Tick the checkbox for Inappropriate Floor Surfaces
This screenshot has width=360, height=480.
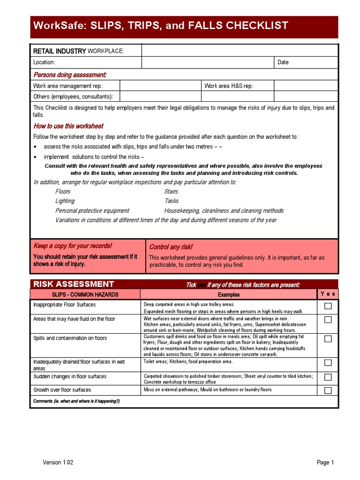pos(328,306)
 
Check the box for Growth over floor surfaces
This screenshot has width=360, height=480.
pos(328,390)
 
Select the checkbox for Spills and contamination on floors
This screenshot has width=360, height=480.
pos(328,339)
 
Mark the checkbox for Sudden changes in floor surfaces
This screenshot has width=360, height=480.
pos(328,377)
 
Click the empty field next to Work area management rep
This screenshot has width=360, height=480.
pos(160,86)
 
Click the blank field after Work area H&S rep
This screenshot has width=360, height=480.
pos(306,86)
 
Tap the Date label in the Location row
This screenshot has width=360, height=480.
pos(283,62)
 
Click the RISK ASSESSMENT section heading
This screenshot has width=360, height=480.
pos(74,284)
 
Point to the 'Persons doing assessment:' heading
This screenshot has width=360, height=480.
pos(70,75)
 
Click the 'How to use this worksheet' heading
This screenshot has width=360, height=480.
pos(68,126)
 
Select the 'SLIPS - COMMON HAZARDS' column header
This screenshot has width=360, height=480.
pos(85,294)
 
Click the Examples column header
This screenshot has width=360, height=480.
pos(229,294)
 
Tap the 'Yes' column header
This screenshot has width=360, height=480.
pos(328,294)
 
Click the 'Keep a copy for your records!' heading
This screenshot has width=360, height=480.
pos(73,246)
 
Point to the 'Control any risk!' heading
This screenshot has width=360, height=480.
pos(171,247)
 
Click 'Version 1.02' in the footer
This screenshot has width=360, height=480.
pos(58,463)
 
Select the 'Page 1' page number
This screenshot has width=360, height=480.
pos(325,463)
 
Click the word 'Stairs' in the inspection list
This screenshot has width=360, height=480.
pos(171,192)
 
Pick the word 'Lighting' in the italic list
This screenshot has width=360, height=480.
pos(65,201)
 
